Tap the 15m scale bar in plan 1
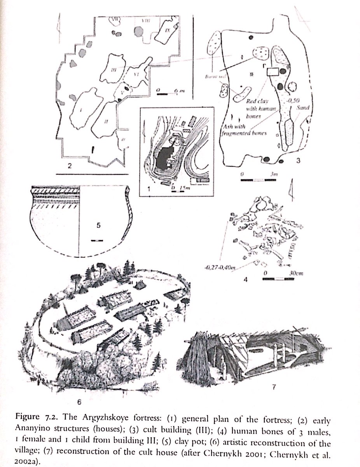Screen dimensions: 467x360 (174, 187)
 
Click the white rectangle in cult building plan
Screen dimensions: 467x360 (274, 71)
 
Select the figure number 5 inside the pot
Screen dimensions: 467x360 (99, 225)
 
